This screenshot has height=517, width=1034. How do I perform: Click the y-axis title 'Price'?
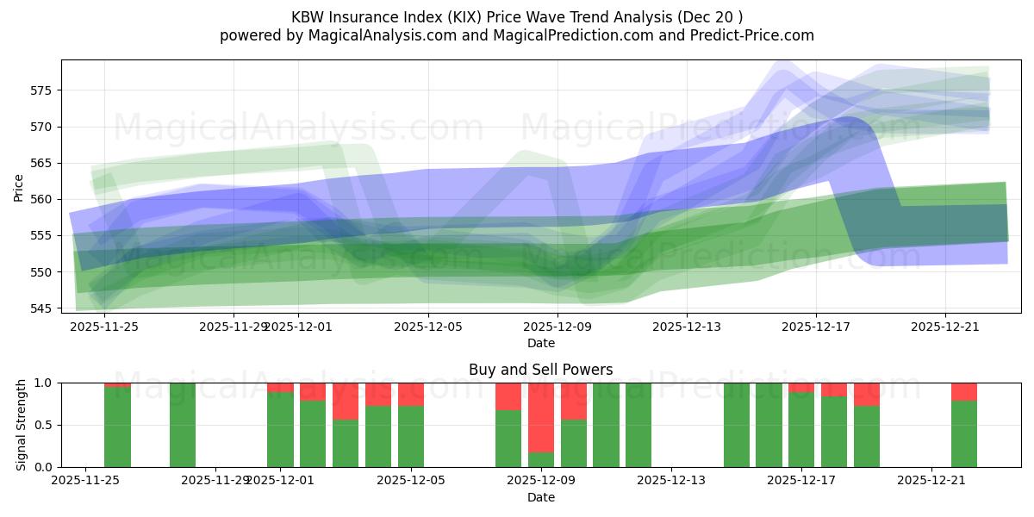click(19, 188)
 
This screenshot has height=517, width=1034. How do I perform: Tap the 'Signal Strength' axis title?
click(22, 425)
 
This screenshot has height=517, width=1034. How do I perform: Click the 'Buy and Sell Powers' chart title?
click(540, 370)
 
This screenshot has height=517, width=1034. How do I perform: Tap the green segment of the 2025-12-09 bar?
click(541, 459)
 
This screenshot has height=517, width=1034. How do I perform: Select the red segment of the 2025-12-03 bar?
click(346, 401)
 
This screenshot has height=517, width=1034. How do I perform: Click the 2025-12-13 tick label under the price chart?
click(687, 327)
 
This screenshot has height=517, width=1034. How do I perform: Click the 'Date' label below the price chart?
click(540, 343)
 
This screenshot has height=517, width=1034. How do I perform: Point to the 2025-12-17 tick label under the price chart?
click(816, 327)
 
